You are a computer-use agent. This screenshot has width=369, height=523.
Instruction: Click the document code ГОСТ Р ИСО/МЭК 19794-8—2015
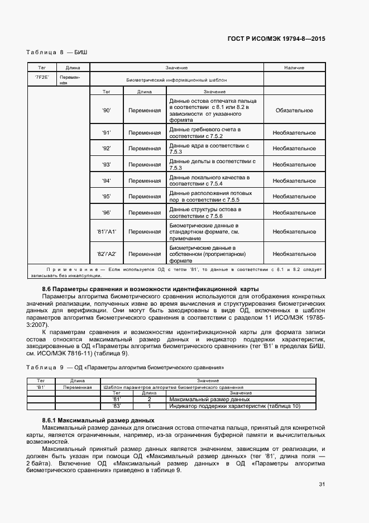276,39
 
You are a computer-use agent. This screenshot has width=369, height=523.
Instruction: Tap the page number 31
322,484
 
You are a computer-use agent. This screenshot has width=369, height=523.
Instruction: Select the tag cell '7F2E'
42,77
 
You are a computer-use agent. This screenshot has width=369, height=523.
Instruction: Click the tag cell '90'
107,111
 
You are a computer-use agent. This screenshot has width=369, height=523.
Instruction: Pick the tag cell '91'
107,133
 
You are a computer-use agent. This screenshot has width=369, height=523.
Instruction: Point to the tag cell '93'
107,165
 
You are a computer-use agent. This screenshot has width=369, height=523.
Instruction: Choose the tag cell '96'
107,213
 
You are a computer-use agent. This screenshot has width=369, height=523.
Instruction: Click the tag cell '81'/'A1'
107,232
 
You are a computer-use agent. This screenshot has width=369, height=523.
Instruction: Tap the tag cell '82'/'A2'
107,254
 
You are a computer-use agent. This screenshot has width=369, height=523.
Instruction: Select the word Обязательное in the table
294,111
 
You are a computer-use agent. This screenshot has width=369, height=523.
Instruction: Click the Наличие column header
294,68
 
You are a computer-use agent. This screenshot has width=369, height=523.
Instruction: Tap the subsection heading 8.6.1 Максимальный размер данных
98,420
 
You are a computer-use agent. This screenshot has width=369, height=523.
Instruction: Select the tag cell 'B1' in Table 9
41,387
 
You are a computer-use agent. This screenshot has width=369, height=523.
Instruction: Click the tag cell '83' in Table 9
116,406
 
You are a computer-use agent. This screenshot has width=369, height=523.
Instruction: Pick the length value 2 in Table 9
149,400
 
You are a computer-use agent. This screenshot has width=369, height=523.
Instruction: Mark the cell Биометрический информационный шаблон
176,80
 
